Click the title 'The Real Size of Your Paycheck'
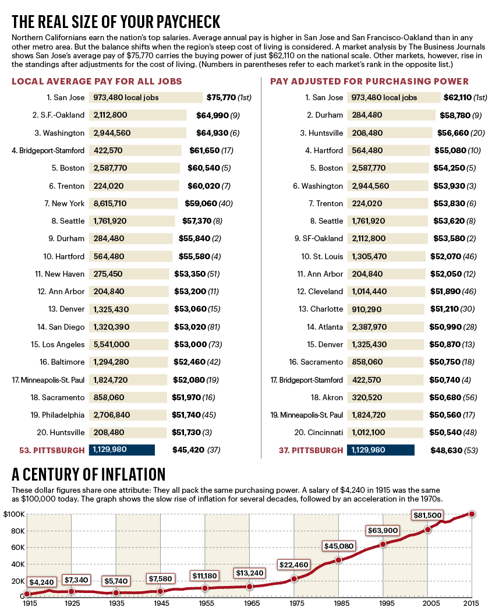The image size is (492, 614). click(116, 22)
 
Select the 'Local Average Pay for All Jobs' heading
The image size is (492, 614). click(97, 82)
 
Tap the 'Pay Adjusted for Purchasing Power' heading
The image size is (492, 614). click(369, 82)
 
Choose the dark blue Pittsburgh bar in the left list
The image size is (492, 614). click(122, 450)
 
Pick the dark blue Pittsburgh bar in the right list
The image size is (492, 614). click(380, 450)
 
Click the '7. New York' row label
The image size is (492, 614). click(64, 203)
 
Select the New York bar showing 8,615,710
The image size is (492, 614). click(133, 203)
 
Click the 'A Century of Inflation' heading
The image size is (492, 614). click(89, 474)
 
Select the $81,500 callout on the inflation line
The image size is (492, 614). click(427, 516)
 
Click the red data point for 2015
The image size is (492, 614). click(472, 514)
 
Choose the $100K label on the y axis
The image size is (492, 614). click(13, 514)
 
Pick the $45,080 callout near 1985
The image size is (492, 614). click(338, 546)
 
